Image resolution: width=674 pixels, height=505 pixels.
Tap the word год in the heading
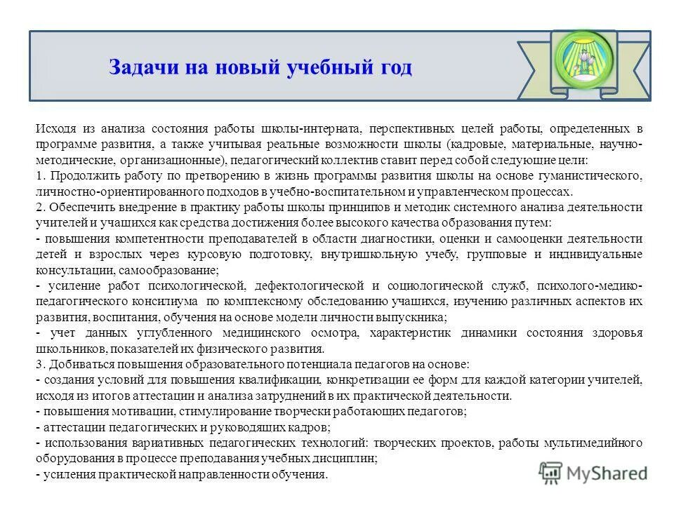[394, 68]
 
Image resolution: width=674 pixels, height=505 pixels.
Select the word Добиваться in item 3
[79, 365]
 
